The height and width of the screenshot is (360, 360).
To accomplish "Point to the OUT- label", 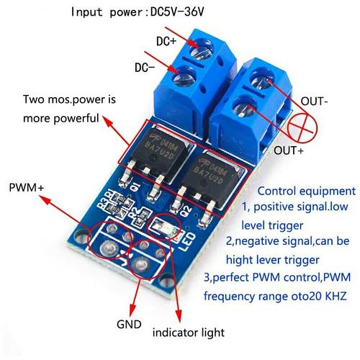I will tap(315, 102).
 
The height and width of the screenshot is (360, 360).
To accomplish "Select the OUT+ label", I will tap(289, 152).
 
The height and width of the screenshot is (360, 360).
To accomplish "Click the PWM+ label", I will tap(27, 188).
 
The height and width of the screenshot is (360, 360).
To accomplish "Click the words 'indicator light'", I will tap(188, 333).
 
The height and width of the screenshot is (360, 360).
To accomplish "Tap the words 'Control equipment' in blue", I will tap(306, 192).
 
